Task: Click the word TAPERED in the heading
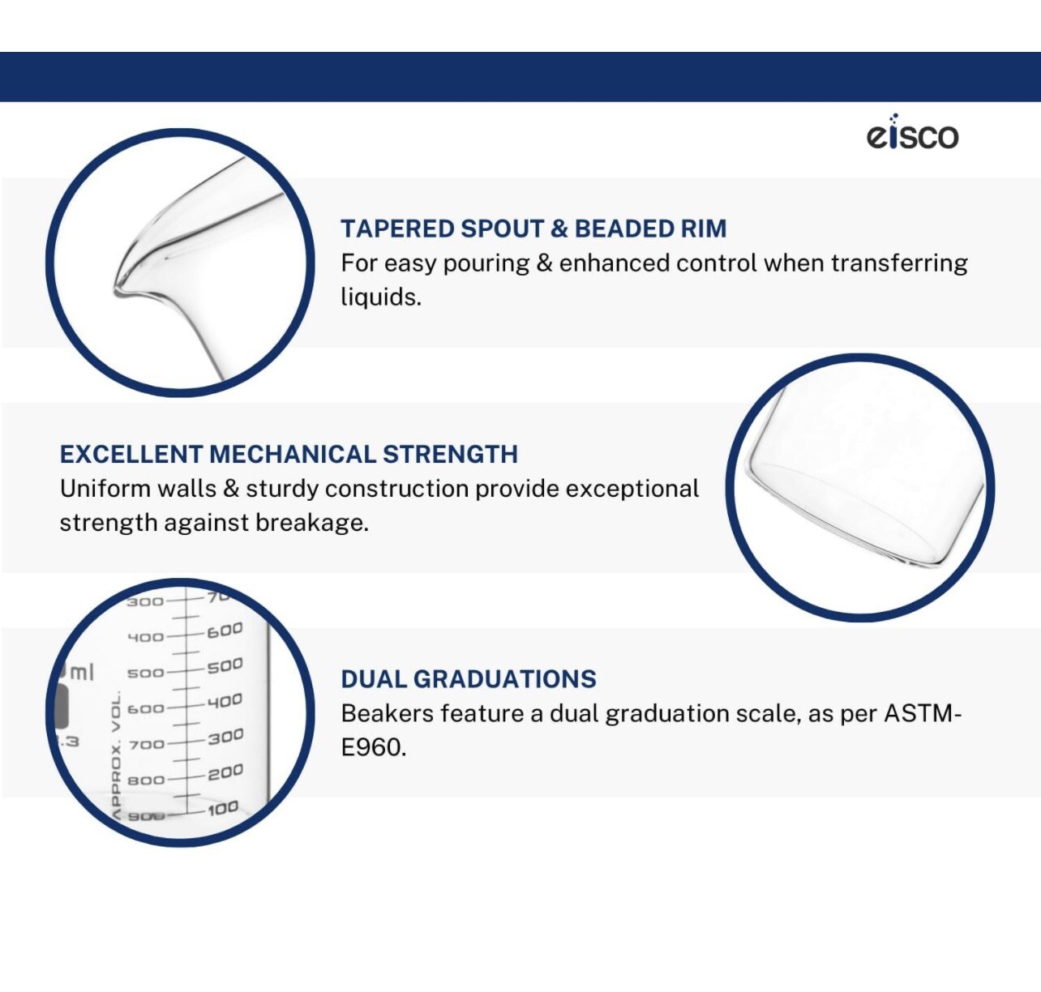click(x=396, y=229)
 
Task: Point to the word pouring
click(x=486, y=264)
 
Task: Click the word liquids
click(x=381, y=297)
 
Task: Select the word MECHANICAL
click(x=293, y=454)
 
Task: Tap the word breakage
click(x=312, y=523)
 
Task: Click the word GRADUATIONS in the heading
click(x=504, y=679)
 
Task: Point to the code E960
click(x=374, y=747)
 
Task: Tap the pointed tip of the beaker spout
click(x=117, y=289)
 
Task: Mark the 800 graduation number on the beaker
click(x=146, y=780)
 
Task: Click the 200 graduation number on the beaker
click(x=225, y=773)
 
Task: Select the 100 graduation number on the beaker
click(x=223, y=809)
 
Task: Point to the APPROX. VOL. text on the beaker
click(x=117, y=755)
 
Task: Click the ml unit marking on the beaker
click(x=82, y=673)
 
